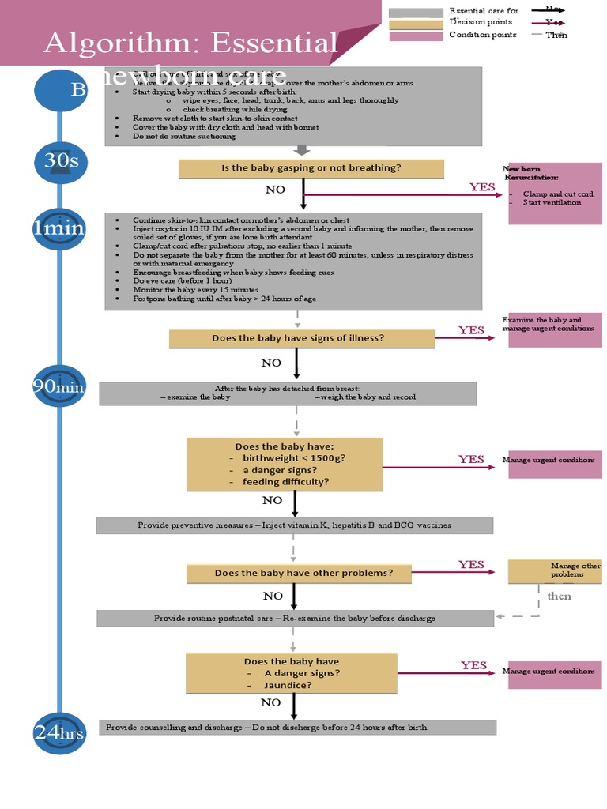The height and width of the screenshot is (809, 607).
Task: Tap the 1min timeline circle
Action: coord(59,228)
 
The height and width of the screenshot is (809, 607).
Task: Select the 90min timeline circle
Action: coord(59,388)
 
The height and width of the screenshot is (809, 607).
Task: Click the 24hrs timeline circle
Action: coord(59,733)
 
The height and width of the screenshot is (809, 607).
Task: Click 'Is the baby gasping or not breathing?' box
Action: coord(311,168)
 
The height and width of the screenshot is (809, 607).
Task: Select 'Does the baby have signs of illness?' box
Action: coord(301,338)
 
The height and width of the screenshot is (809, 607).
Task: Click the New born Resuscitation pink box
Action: coord(554,193)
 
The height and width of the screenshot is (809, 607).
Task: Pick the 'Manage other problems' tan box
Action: coord(554,570)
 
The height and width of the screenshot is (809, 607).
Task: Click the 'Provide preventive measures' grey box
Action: coord(294,525)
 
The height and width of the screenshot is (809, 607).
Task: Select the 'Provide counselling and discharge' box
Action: coord(297,727)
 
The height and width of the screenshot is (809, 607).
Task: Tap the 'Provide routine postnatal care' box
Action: coord(294,618)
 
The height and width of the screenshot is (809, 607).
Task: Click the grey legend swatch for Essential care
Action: coord(416,13)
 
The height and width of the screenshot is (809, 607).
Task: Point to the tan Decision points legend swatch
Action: coord(416,24)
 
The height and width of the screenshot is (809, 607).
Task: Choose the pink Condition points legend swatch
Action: coord(416,36)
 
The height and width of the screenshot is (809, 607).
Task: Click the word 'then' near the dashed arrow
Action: coord(559,596)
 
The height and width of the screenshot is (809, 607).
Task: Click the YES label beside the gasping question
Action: coord(482,187)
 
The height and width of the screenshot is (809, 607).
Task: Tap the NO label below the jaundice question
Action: coord(270,702)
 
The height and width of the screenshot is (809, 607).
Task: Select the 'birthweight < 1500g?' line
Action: coord(294,458)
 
